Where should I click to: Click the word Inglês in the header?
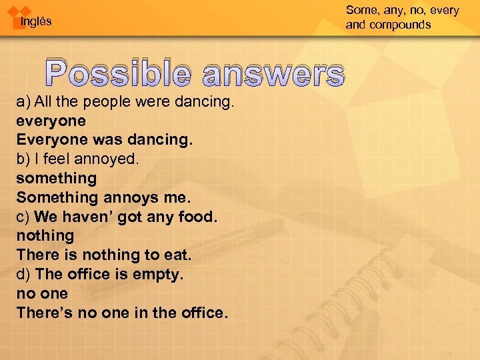point(36,22)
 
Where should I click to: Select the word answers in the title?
point(274,74)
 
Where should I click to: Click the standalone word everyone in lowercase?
point(51,121)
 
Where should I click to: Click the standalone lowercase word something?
point(57,179)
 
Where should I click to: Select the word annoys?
point(134,197)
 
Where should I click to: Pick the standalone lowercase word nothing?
point(45,235)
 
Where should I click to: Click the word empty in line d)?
point(157,274)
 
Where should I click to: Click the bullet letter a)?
point(23,102)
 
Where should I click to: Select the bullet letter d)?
point(24,274)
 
